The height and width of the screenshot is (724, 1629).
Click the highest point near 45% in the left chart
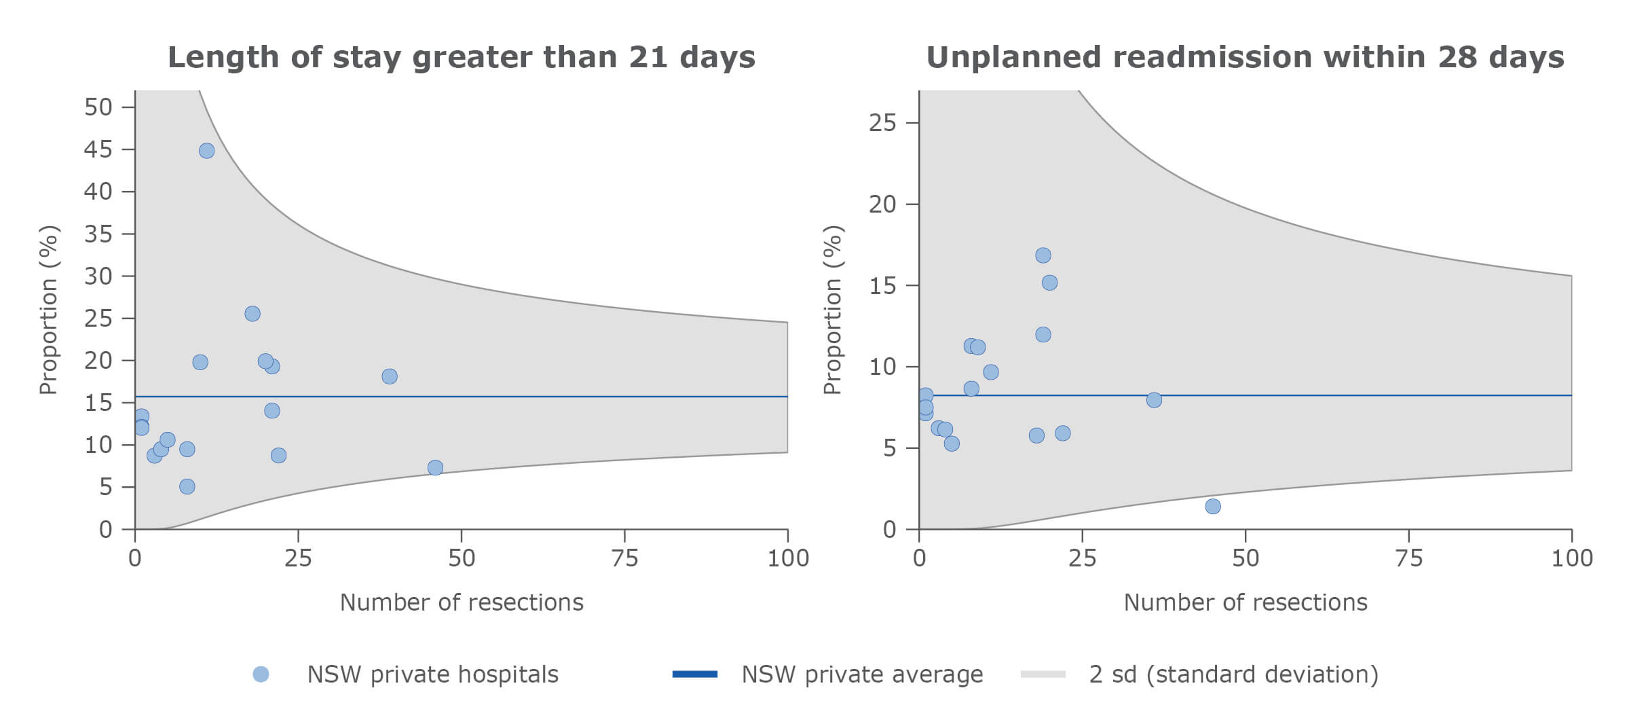pyautogui.click(x=207, y=151)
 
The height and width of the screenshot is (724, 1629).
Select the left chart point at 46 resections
pyautogui.click(x=435, y=467)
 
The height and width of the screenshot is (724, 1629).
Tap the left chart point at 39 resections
pyautogui.click(x=390, y=376)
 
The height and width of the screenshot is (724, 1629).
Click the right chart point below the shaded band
pyautogui.click(x=1213, y=506)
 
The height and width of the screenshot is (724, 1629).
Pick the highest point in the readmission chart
pyautogui.click(x=1043, y=255)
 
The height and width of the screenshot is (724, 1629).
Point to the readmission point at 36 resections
pyautogui.click(x=1154, y=400)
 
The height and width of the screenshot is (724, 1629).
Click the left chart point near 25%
pyautogui.click(x=252, y=314)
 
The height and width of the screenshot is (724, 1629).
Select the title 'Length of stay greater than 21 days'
pyautogui.click(x=462, y=57)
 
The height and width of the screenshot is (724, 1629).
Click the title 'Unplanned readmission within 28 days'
pyautogui.click(x=1245, y=57)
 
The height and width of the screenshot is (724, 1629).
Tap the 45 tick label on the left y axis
pyautogui.click(x=98, y=149)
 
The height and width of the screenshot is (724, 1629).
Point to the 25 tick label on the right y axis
pyautogui.click(x=882, y=123)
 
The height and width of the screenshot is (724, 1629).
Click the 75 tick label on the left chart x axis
pyautogui.click(x=624, y=558)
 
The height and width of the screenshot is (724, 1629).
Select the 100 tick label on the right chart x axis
pyautogui.click(x=1572, y=558)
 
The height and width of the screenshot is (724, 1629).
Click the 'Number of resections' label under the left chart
pyautogui.click(x=462, y=602)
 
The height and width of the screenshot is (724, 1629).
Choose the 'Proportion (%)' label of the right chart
pyautogui.click(x=832, y=310)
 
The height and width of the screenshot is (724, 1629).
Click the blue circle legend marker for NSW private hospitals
pyautogui.click(x=261, y=674)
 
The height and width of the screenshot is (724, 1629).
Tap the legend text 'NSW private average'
pyautogui.click(x=862, y=674)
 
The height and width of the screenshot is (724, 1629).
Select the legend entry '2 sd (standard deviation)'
pyautogui.click(x=1233, y=674)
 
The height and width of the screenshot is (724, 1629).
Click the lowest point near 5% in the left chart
pyautogui.click(x=187, y=486)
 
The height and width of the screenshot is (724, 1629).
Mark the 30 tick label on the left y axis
pyautogui.click(x=98, y=276)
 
